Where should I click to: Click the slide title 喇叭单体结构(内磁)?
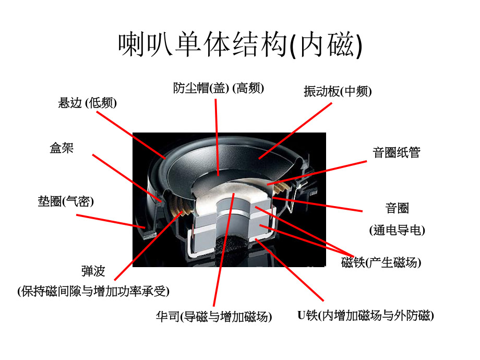point(240,45)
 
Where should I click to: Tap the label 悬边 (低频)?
point(87,103)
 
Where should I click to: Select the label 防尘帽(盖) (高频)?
point(219,88)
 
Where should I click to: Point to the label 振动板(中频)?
point(338,91)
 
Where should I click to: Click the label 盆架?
point(62,148)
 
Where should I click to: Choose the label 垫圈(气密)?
point(65,201)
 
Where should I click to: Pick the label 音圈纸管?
point(396,152)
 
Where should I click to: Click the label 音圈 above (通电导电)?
point(397,209)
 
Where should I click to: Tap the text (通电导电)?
point(397,230)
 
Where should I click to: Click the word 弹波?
point(93,271)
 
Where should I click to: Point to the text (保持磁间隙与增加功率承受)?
point(93,291)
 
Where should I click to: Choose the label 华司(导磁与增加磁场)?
point(213,316)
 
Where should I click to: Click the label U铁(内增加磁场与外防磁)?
point(365,315)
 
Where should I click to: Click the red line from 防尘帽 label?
point(217,136)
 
